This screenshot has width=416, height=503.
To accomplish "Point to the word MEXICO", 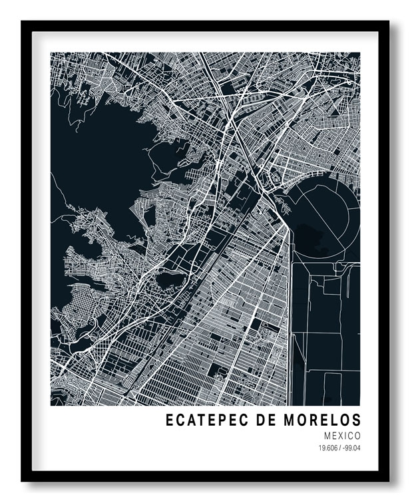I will coord(343,435).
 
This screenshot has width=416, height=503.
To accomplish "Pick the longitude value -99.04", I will coord(352,447).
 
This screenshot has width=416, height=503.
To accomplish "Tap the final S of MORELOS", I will coord(356,420).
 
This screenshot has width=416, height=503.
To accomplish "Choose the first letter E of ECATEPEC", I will coord(170,420).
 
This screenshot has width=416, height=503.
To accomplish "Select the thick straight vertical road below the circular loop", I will coord(291,319).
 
